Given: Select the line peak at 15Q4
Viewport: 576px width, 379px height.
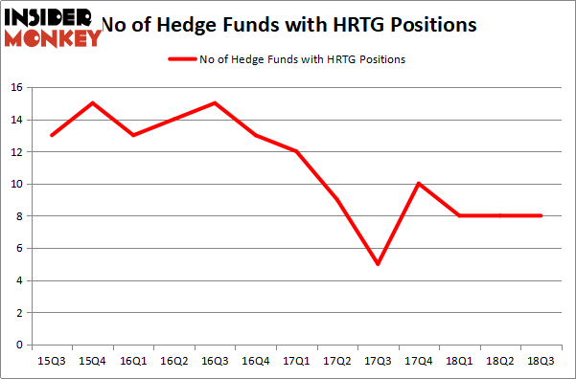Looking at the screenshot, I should pyautogui.click(x=92, y=103).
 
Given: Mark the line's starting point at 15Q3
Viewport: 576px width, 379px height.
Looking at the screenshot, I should pyautogui.click(x=52, y=135).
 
